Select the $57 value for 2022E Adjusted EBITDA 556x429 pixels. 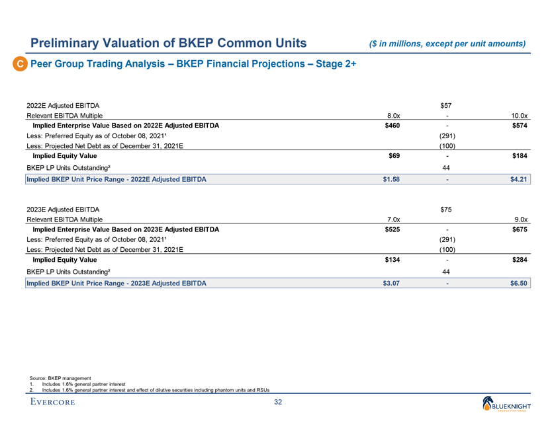tap(447, 104)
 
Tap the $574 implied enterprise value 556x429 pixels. tap(519, 126)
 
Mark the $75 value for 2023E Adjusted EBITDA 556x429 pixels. tap(447, 210)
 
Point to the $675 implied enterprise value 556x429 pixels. tap(519, 230)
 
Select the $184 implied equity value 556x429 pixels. tap(519, 156)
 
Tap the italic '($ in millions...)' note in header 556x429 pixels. tap(447, 44)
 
